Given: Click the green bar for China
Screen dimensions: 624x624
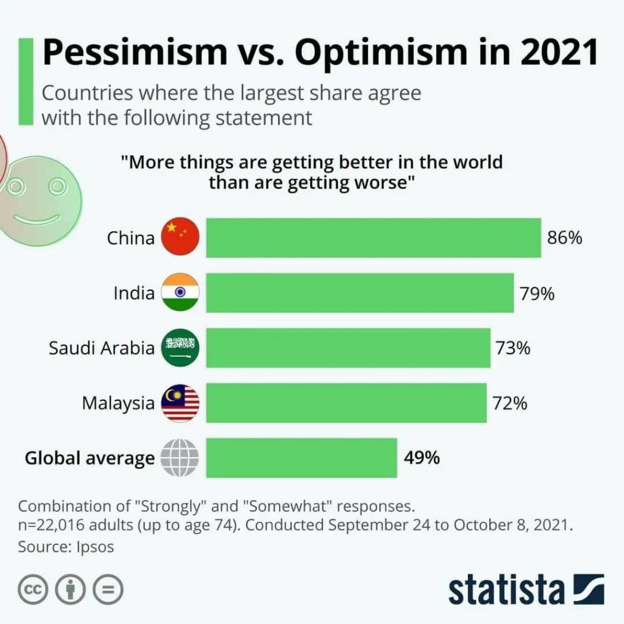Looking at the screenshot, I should [x=373, y=238].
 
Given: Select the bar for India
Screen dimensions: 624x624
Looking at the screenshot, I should [x=360, y=293].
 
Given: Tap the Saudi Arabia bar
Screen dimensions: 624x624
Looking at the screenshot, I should [x=348, y=348].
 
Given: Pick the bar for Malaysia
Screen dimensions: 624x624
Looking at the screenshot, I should [x=346, y=403].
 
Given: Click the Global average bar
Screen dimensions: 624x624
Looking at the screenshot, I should [x=301, y=458].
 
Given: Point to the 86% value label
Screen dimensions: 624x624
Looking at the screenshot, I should [x=564, y=238].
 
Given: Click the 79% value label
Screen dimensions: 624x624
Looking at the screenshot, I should [x=537, y=294].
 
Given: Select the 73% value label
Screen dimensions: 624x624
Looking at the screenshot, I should [x=512, y=349].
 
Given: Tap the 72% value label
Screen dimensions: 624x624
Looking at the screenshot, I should [x=509, y=403].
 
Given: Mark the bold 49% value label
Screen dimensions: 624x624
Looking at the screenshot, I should [x=421, y=458].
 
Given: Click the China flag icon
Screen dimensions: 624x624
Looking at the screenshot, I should [x=180, y=237].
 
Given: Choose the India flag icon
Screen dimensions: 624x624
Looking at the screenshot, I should [x=180, y=292].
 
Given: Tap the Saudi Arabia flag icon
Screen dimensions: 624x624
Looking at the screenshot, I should [x=180, y=348].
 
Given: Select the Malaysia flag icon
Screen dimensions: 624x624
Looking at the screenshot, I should [x=180, y=403].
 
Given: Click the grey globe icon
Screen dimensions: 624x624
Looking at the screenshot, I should [x=180, y=458].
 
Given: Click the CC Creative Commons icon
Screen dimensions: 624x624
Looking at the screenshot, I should [x=34, y=589].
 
